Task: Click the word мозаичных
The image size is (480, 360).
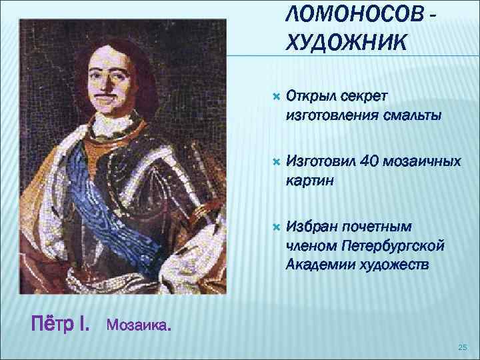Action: (424, 161)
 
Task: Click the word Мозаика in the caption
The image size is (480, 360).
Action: (137, 327)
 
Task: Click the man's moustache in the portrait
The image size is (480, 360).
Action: (101, 93)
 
